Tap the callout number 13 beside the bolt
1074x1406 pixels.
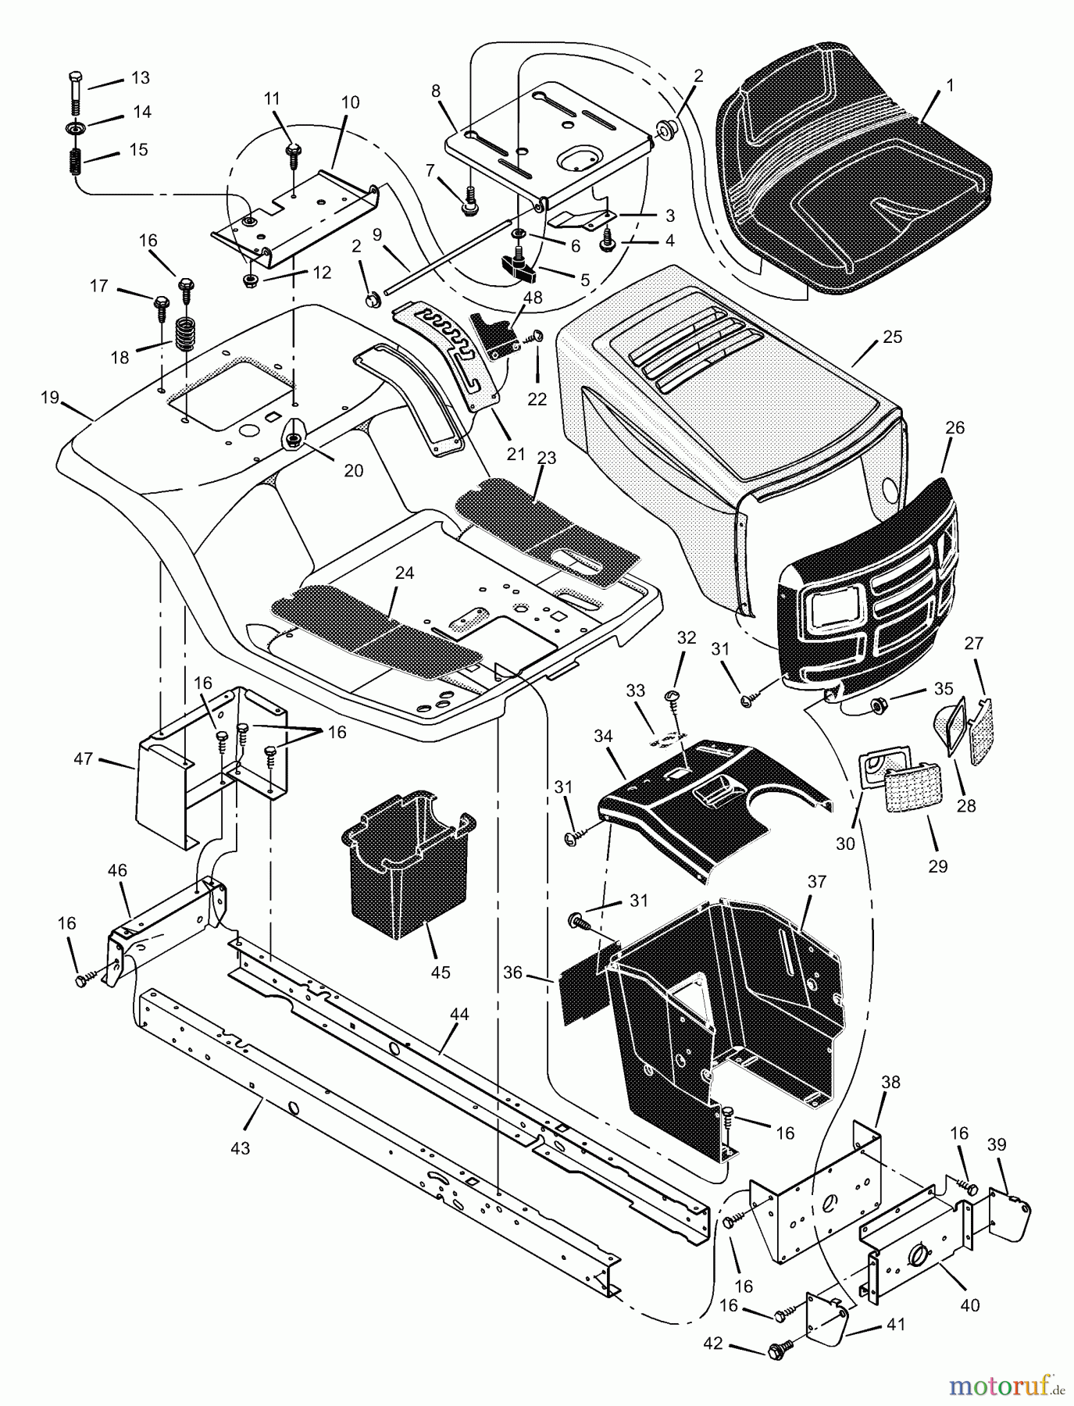(140, 78)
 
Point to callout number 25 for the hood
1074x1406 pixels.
(892, 337)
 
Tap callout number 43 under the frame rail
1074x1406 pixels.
(240, 1148)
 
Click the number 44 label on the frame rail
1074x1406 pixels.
(459, 1014)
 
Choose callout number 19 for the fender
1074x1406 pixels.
(50, 398)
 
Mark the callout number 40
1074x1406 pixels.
(970, 1304)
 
